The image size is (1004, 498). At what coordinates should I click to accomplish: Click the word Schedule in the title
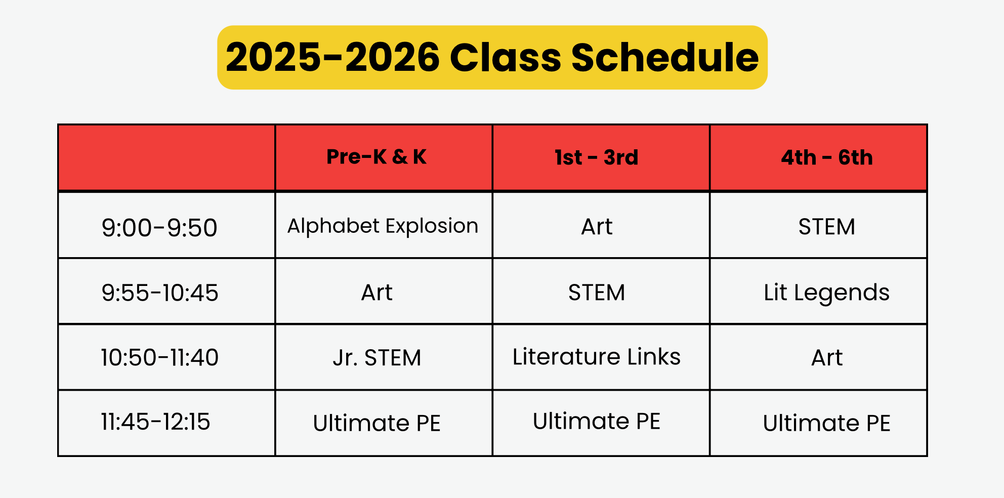(665, 57)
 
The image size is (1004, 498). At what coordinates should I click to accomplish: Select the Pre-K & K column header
(377, 157)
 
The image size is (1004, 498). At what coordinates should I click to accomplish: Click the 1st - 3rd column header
(596, 157)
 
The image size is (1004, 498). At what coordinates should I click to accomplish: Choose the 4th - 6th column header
(827, 157)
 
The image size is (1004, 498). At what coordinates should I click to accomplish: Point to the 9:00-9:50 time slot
(159, 228)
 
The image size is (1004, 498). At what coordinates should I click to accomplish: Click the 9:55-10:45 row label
(160, 293)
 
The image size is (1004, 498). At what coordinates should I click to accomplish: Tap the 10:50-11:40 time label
(160, 357)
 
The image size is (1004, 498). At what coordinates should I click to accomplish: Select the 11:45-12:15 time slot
(155, 422)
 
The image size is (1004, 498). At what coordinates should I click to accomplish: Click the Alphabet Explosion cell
(383, 226)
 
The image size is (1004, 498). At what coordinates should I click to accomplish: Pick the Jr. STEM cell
(377, 358)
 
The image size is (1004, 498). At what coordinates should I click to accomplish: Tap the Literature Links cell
(597, 356)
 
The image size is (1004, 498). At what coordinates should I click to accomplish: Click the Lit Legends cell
(827, 293)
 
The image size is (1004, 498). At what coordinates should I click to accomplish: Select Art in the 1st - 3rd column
(597, 227)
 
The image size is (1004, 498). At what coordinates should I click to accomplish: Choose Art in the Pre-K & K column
(377, 293)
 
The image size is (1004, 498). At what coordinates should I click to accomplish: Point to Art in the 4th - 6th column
(827, 358)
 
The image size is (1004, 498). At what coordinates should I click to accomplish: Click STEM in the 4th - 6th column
(827, 227)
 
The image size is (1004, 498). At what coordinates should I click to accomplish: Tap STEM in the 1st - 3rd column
(597, 293)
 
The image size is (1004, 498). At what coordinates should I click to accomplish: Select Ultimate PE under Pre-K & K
(377, 423)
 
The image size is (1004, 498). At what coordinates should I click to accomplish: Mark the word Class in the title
(505, 57)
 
